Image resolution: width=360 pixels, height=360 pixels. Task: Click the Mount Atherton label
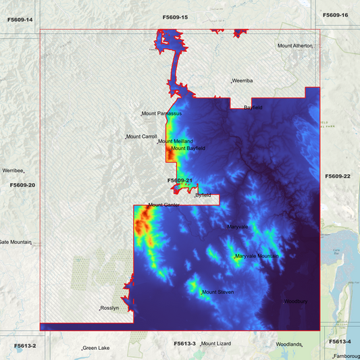pos(294,46)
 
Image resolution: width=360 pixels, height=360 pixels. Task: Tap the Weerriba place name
pos(242,80)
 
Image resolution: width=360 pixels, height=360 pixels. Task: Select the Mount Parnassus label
pos(162,113)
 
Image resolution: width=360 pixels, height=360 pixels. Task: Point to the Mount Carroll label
pos(142,137)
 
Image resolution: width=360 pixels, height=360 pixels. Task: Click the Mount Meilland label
pos(176,141)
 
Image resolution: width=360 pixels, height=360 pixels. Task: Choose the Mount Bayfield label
pos(188,148)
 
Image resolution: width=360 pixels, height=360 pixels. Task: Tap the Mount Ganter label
pos(163,205)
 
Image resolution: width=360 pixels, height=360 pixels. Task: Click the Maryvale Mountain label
pos(257,256)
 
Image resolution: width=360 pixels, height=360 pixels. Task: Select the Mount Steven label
pos(217,292)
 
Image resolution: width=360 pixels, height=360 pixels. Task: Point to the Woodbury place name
pos(296,301)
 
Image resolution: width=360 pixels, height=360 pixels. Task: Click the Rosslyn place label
pos(109,308)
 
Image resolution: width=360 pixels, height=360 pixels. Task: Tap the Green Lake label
pos(96,349)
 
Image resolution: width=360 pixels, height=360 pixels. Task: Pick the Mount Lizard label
pos(216,344)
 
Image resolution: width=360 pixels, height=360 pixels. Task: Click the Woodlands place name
pos(288,344)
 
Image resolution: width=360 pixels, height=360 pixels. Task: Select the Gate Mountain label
pos(15,242)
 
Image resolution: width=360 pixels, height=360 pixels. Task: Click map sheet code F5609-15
pos(175,16)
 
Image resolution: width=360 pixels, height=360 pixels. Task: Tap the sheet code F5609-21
pos(180,180)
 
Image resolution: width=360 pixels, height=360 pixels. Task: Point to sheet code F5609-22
pos(337,176)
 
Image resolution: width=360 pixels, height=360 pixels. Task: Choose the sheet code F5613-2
pos(25,346)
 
